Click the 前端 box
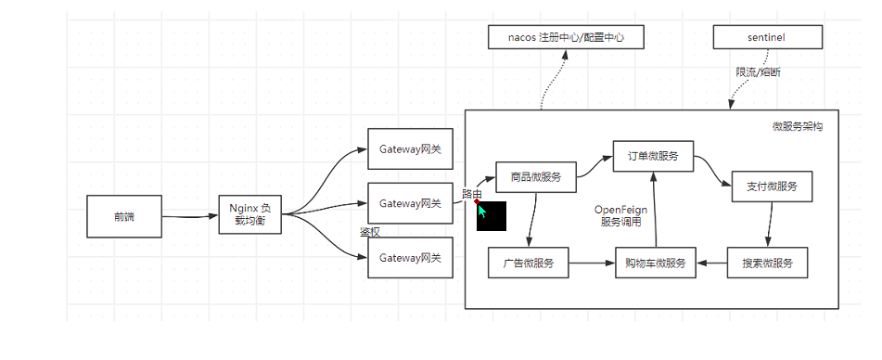(x=124, y=216)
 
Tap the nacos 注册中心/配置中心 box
(x=565, y=37)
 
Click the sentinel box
(x=767, y=37)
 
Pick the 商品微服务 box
(x=529, y=176)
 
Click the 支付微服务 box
(x=772, y=186)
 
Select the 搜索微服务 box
(x=768, y=264)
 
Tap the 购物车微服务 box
(x=655, y=264)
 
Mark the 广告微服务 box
(x=528, y=264)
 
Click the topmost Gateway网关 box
(x=410, y=148)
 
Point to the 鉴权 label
(x=370, y=232)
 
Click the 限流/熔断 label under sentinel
(x=758, y=71)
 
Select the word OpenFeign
(x=620, y=210)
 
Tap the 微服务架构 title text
(x=797, y=126)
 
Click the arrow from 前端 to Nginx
(x=189, y=217)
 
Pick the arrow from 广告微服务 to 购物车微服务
(x=591, y=264)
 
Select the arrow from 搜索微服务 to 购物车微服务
(x=712, y=264)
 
